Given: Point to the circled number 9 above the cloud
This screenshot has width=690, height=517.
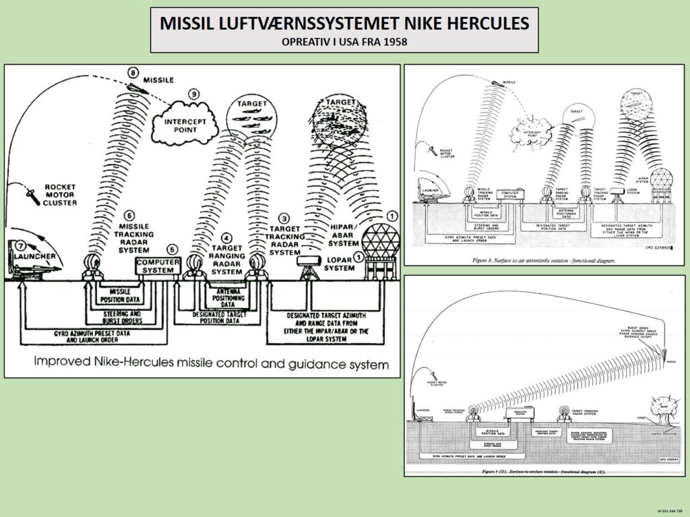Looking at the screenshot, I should click(x=195, y=95).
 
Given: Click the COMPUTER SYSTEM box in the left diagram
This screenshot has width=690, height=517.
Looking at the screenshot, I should click(x=158, y=266).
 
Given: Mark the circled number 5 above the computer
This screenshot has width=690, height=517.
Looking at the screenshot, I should click(x=172, y=248).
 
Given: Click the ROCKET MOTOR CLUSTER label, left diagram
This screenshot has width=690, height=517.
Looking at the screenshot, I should click(x=61, y=193).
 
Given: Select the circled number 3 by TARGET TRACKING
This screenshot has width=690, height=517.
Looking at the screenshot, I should click(x=285, y=219).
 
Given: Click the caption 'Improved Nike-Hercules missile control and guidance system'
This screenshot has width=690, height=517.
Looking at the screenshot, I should click(x=212, y=365).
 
